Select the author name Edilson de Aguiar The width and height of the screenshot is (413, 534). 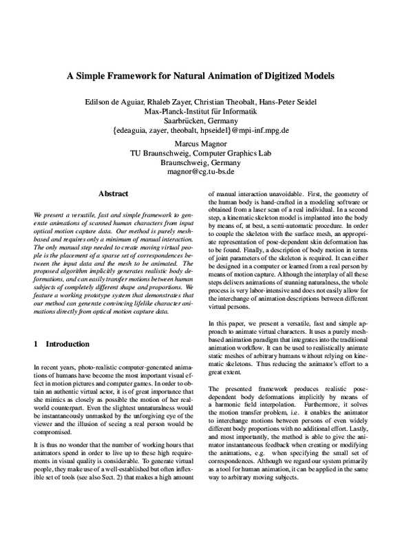111,103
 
